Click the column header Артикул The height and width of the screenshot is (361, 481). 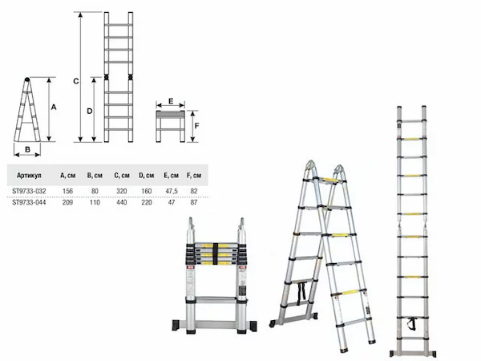point(29,176)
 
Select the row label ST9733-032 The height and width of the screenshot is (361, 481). point(29,191)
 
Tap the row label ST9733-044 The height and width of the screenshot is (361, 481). point(29,202)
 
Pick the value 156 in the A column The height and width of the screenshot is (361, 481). point(67,191)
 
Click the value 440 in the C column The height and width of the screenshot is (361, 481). point(122,202)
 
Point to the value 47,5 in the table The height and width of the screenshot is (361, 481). point(172,191)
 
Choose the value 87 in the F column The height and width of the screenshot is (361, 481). point(194,202)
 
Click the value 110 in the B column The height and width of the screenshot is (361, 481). point(95,202)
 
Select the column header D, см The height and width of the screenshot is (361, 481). point(147,176)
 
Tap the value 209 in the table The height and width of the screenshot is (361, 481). point(67,202)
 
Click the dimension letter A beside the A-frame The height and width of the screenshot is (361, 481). point(54,107)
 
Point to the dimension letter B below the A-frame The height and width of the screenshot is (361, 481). point(27,149)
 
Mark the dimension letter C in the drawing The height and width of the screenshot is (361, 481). point(76,81)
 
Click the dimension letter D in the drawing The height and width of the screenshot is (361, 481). point(89,112)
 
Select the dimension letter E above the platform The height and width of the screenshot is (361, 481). point(171,101)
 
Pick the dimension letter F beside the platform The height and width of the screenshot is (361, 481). point(196,126)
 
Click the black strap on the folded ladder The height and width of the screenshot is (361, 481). point(216,254)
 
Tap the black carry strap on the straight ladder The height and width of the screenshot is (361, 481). point(411,324)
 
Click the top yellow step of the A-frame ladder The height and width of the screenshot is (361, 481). point(328,180)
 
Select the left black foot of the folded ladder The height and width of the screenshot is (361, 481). point(176,326)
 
